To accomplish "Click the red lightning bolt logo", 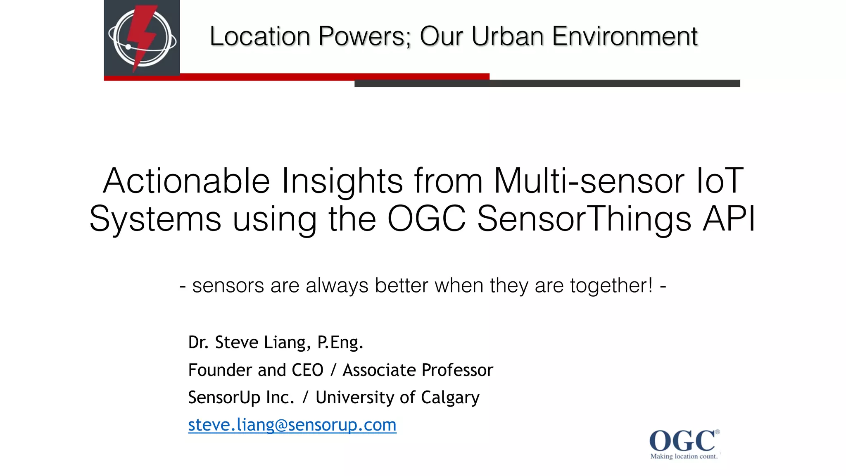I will tap(142, 38).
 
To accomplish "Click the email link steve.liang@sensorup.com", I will tap(292, 425).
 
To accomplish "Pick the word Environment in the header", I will tap(625, 36).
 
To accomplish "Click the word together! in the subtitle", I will tap(612, 286).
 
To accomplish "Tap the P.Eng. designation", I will tap(340, 342).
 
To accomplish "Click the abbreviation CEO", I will tap(307, 370).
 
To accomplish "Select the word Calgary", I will tap(450, 397).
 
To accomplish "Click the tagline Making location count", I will tap(684, 456).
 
